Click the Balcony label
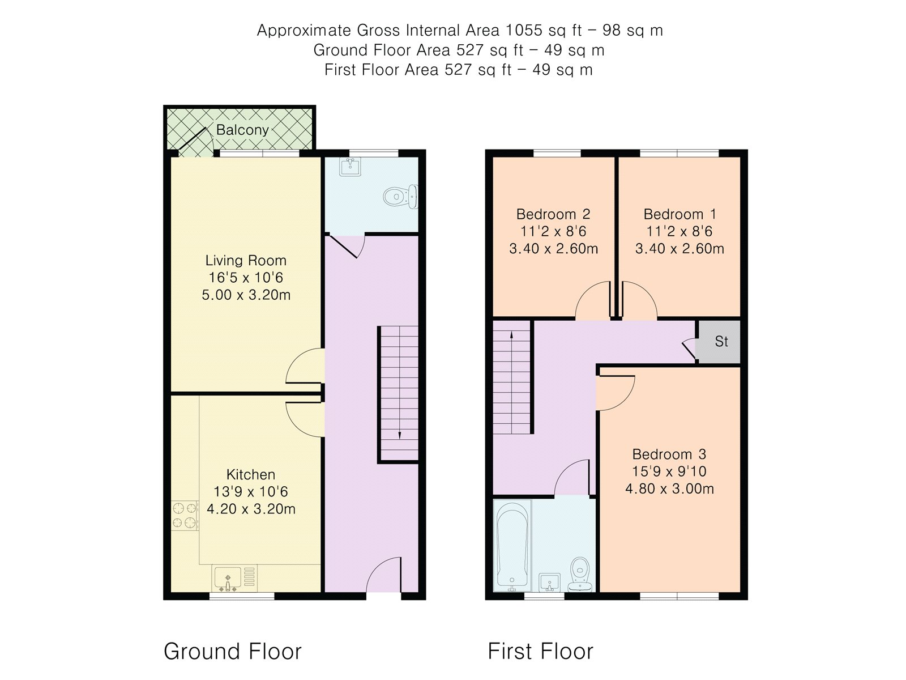click(x=242, y=130)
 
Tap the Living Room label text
click(x=246, y=261)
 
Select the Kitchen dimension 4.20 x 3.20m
click(x=251, y=509)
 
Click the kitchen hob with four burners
click(x=185, y=515)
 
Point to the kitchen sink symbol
click(x=228, y=579)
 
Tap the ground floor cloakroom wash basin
click(x=349, y=166)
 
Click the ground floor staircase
click(x=399, y=393)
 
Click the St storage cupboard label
click(x=721, y=342)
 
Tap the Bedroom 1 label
click(x=679, y=214)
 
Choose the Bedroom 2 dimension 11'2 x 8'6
click(x=553, y=231)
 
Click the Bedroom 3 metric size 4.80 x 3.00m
click(x=669, y=488)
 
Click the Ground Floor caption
click(x=232, y=652)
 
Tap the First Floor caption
click(x=540, y=652)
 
